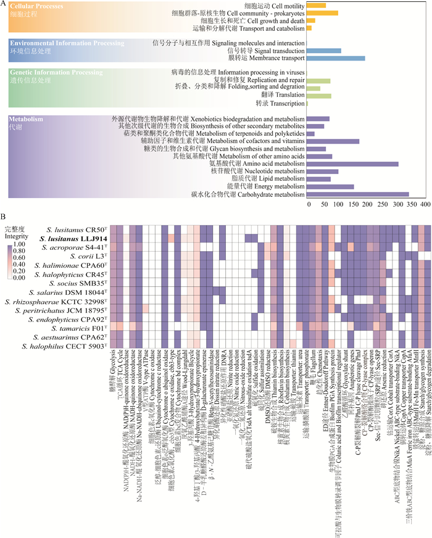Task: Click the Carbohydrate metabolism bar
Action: pyautogui.click(x=357, y=194)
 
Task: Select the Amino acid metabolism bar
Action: pyautogui.click(x=352, y=164)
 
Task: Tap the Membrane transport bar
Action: pyautogui.click(x=336, y=58)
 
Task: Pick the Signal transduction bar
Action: pyautogui.click(x=324, y=50)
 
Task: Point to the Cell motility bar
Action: pyautogui.click(x=316, y=6)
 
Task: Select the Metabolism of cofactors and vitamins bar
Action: pyautogui.click(x=333, y=141)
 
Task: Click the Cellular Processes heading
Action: pyautogui.click(x=37, y=5)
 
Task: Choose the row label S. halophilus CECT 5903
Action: pyautogui.click(x=69, y=348)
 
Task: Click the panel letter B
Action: pyautogui.click(x=4, y=217)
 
